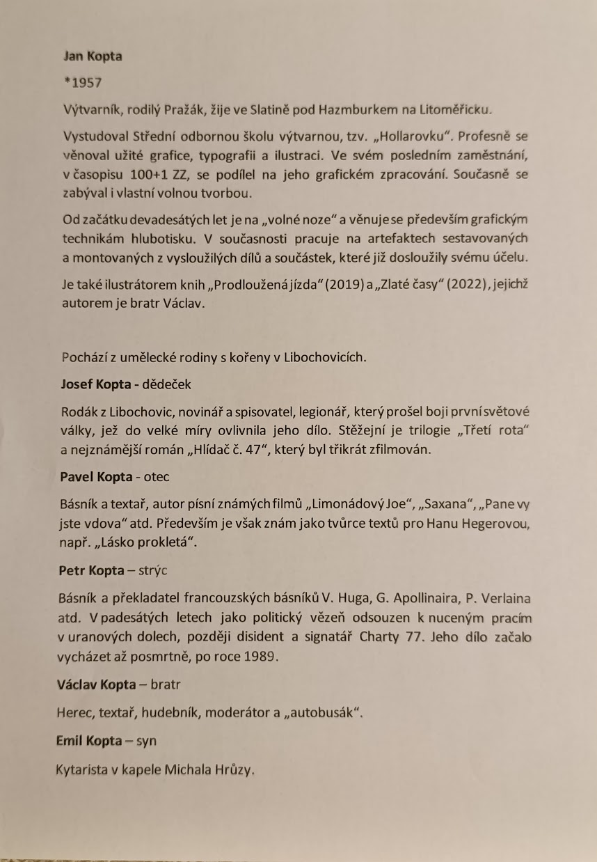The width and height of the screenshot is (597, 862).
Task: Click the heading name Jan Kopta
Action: (x=93, y=56)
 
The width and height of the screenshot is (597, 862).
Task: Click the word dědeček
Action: (x=168, y=384)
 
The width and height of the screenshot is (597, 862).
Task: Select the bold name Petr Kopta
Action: (x=92, y=570)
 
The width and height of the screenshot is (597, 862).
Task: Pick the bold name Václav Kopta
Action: (x=97, y=684)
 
